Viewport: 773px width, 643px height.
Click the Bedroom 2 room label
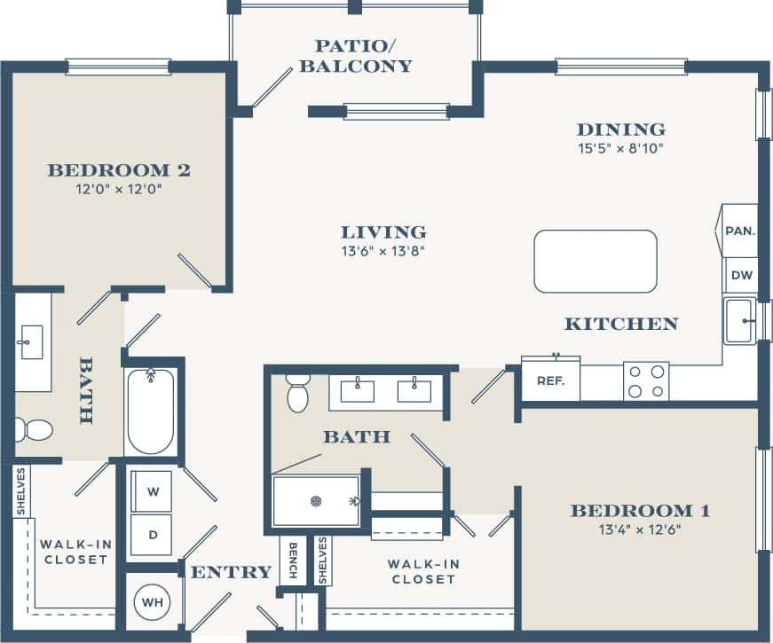pos(119,169)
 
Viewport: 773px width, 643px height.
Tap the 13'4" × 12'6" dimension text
pos(639,530)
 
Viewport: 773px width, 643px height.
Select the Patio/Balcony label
pos(355,56)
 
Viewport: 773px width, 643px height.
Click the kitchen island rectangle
pos(596,261)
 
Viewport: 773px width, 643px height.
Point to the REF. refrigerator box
pos(550,380)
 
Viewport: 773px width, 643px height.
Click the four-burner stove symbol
pos(646,380)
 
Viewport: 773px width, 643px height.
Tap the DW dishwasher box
pos(742,275)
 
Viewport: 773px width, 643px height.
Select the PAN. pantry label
pos(740,231)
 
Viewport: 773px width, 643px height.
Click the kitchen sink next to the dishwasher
pos(740,320)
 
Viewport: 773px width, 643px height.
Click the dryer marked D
pos(153,535)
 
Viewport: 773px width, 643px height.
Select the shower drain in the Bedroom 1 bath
pos(316,501)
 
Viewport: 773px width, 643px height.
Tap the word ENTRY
pos(231,572)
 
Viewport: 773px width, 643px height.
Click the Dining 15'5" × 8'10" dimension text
pos(620,148)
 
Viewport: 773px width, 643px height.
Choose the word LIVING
pos(383,232)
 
